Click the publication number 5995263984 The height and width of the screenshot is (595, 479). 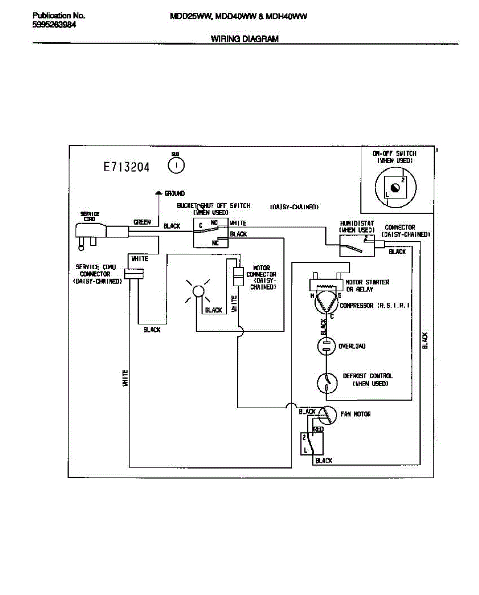[x=54, y=25]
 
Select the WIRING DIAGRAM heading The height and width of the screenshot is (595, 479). [x=245, y=39]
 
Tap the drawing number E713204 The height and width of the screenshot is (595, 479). [x=127, y=167]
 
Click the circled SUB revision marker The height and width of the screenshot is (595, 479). [x=176, y=166]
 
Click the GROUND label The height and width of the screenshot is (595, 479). [x=174, y=193]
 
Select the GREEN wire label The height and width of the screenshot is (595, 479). [x=142, y=222]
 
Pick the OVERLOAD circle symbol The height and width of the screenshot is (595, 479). [x=326, y=346]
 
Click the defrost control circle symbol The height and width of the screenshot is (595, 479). [x=326, y=382]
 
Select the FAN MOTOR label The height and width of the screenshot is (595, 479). [x=355, y=414]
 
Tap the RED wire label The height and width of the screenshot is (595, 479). [x=318, y=429]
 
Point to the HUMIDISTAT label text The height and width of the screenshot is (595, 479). [x=356, y=224]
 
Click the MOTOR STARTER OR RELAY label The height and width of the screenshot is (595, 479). [x=367, y=286]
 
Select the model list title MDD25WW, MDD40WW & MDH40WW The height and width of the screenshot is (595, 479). [x=238, y=16]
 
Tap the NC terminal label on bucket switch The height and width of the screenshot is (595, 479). [x=215, y=243]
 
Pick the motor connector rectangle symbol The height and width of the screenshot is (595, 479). [x=238, y=275]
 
